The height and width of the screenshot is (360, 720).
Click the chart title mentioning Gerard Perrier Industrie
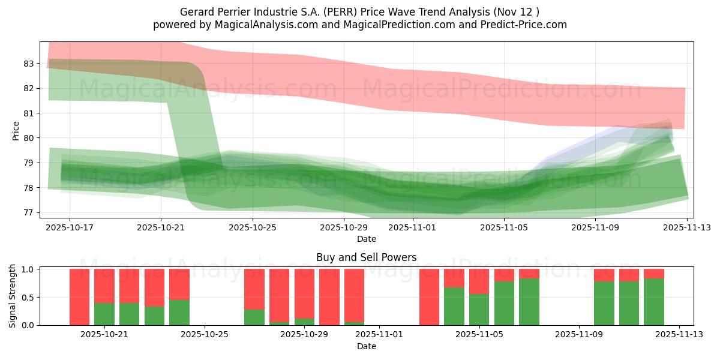coord(359,11)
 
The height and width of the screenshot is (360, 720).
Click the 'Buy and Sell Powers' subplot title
coord(366,257)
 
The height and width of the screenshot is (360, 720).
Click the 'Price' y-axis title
coord(16,130)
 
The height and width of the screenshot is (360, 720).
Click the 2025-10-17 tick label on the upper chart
coord(70,228)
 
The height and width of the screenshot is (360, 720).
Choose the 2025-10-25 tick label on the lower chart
coord(205,335)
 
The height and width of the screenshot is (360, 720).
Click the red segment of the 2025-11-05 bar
coord(479,281)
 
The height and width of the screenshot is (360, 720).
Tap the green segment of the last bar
coord(654,302)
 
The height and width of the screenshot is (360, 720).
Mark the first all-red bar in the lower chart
coord(79,297)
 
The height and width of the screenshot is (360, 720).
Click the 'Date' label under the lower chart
coord(366,346)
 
